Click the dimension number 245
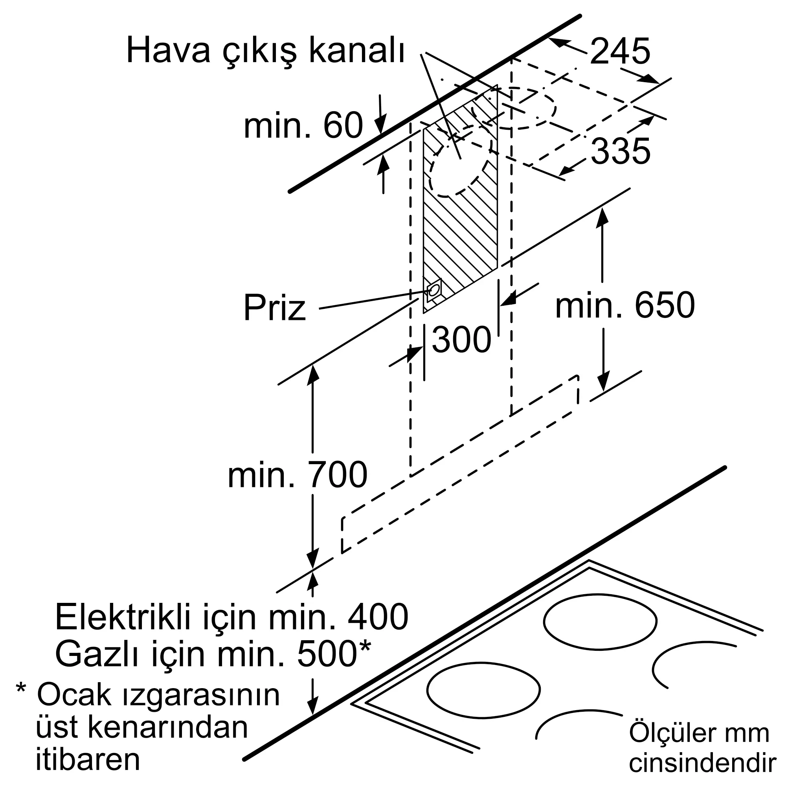(620, 51)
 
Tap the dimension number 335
(621, 151)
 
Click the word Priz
(275, 309)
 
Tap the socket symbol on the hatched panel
(434, 290)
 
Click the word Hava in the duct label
(168, 51)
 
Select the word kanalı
(357, 51)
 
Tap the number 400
(378, 617)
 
